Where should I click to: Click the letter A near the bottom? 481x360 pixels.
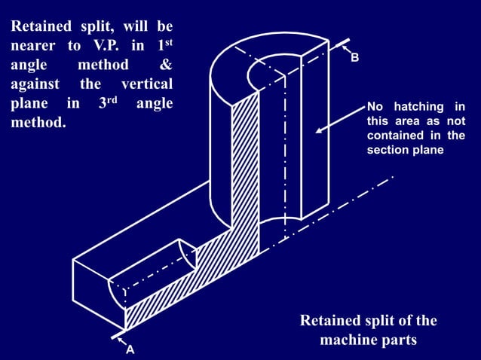pos(130,350)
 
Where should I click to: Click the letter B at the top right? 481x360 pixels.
pos(354,58)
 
